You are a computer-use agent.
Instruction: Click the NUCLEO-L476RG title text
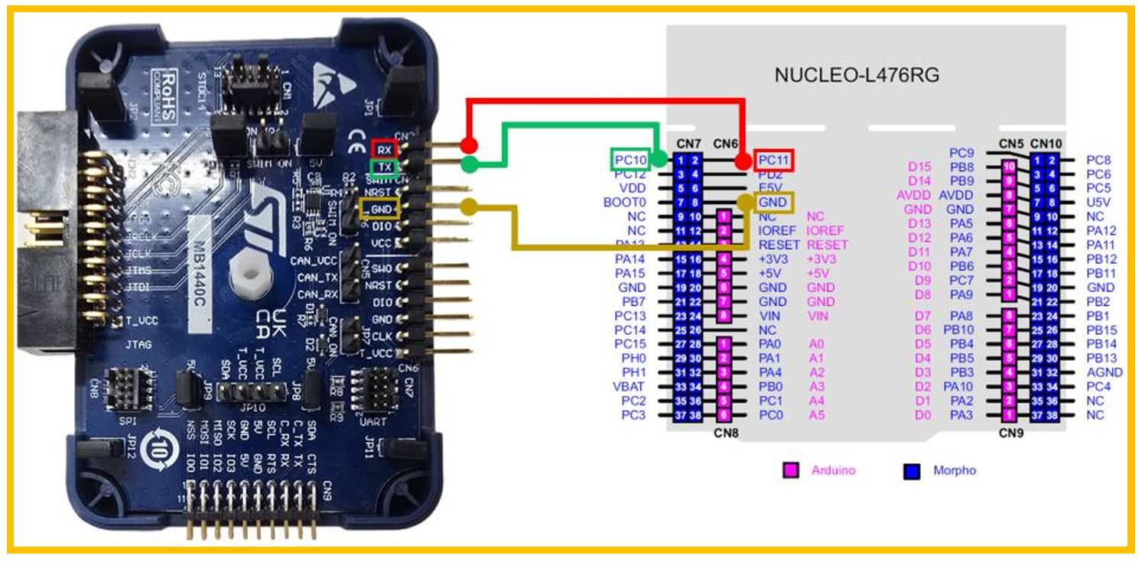click(857, 76)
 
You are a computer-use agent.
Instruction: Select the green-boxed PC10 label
click(630, 160)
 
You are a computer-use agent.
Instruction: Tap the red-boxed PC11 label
click(774, 161)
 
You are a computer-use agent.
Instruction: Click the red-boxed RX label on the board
click(384, 150)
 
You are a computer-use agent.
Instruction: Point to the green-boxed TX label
click(384, 167)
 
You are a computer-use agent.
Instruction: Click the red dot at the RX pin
click(470, 145)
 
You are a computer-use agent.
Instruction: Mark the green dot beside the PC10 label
click(657, 160)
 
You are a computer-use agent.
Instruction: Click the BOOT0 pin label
click(625, 203)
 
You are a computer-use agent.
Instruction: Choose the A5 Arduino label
click(818, 415)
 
